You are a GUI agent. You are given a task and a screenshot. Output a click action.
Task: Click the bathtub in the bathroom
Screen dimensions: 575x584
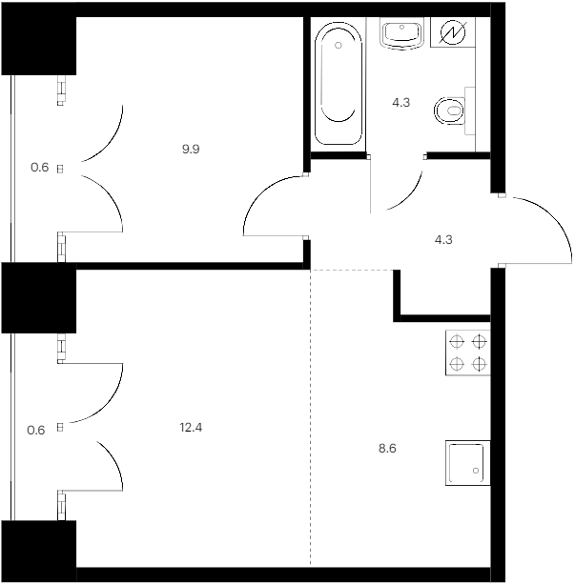339,84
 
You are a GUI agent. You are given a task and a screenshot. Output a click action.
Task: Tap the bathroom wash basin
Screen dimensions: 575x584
402,33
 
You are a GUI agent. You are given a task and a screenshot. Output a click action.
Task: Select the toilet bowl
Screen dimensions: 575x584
450,111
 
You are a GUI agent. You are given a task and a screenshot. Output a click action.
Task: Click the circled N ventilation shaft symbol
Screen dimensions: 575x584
453,32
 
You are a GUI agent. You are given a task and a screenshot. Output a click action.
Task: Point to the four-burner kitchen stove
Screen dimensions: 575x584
468,352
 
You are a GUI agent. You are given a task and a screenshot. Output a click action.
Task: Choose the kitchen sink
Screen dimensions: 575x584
468,463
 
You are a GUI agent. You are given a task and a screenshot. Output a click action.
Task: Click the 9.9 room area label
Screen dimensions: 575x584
191,149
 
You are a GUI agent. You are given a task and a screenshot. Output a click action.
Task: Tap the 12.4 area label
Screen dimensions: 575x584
191,428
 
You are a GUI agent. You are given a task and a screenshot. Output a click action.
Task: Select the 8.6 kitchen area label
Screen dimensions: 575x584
387,448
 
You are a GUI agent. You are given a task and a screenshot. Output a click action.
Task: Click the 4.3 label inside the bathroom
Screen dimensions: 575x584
401,102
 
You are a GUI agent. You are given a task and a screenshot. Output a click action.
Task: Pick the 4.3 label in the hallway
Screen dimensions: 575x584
443,239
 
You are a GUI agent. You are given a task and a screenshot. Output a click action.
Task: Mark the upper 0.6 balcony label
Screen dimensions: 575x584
39,168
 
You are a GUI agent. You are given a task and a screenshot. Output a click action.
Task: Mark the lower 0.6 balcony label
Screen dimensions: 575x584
36,431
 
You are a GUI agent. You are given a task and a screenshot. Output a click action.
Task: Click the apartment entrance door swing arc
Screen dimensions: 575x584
553,216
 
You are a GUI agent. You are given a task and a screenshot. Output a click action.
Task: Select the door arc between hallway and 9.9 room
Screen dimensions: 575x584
260,194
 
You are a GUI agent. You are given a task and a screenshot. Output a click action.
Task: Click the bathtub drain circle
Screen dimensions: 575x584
339,46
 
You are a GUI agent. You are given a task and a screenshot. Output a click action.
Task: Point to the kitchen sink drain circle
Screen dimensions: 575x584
476,471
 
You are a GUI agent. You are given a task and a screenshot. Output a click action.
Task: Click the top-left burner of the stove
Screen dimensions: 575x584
457,341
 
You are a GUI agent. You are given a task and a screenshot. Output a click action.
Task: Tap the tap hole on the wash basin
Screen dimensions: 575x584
402,27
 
